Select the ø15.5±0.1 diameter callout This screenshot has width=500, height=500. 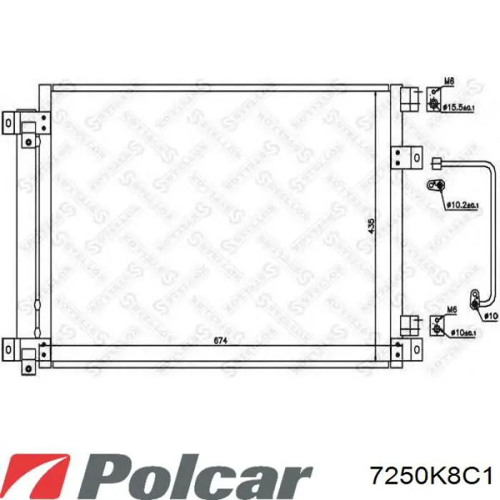[x=459, y=108]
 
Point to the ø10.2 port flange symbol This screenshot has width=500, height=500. [x=436, y=186]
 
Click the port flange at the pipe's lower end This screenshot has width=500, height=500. [x=474, y=301]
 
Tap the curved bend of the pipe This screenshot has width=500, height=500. [x=489, y=171]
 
